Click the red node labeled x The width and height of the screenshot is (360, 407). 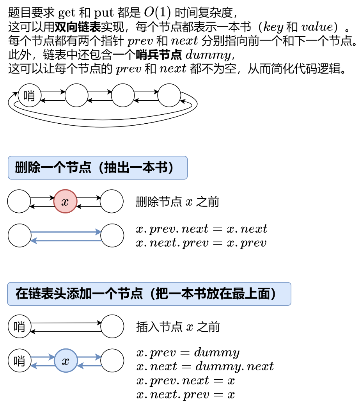65,202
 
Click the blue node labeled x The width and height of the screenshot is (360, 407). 66,361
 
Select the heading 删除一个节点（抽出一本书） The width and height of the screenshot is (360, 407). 98,168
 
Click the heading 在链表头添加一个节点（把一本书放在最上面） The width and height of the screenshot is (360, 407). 149,294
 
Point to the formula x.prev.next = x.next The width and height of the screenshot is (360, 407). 202,229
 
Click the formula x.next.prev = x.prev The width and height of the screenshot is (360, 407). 201,243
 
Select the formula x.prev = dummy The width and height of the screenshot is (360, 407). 188,353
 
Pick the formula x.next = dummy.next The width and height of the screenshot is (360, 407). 205,366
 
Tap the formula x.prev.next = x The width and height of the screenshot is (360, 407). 186,380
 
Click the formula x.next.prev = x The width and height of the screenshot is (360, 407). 186,395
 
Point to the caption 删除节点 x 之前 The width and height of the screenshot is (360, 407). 177,202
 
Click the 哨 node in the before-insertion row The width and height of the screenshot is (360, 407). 19,326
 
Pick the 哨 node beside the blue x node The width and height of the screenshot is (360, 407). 19,361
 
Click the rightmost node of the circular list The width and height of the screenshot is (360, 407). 169,96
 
